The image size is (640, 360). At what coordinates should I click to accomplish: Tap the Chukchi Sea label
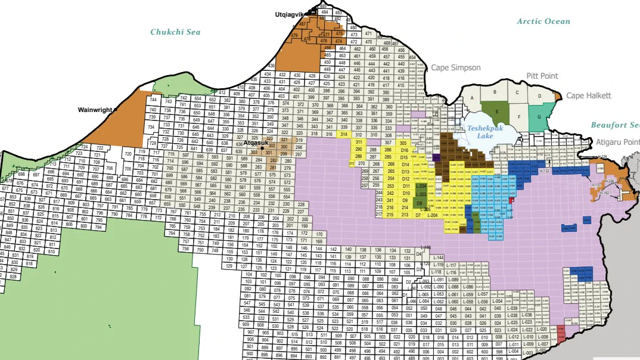(175, 32)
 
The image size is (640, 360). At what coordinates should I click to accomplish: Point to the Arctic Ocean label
(543, 21)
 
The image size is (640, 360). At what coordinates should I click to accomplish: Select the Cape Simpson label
(456, 68)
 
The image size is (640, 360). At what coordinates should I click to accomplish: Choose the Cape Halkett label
(589, 95)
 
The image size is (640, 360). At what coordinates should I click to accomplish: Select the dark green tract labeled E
(496, 111)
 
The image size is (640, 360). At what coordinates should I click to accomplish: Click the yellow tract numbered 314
(344, 134)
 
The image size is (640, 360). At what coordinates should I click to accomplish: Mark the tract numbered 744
(153, 100)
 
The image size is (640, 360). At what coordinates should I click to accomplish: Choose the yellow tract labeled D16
(405, 150)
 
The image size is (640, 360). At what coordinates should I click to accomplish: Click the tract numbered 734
(152, 127)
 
